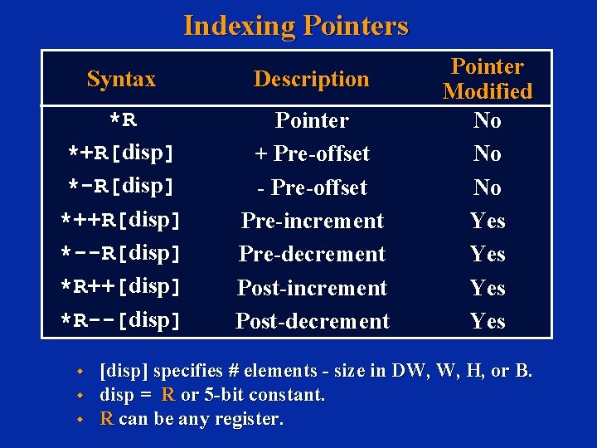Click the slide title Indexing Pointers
(296, 26)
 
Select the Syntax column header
(121, 80)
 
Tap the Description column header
(311, 80)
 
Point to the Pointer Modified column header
(488, 79)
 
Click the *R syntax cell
(123, 121)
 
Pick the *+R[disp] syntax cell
(121, 154)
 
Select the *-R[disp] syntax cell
(121, 187)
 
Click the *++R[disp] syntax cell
(121, 222)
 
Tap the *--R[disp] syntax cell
(121, 255)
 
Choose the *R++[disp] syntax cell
(121, 288)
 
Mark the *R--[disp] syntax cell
(121, 321)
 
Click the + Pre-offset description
(312, 154)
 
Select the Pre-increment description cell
(312, 222)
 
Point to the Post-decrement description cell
(312, 321)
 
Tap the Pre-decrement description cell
(312, 255)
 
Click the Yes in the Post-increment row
(488, 288)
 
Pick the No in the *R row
(488, 121)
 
